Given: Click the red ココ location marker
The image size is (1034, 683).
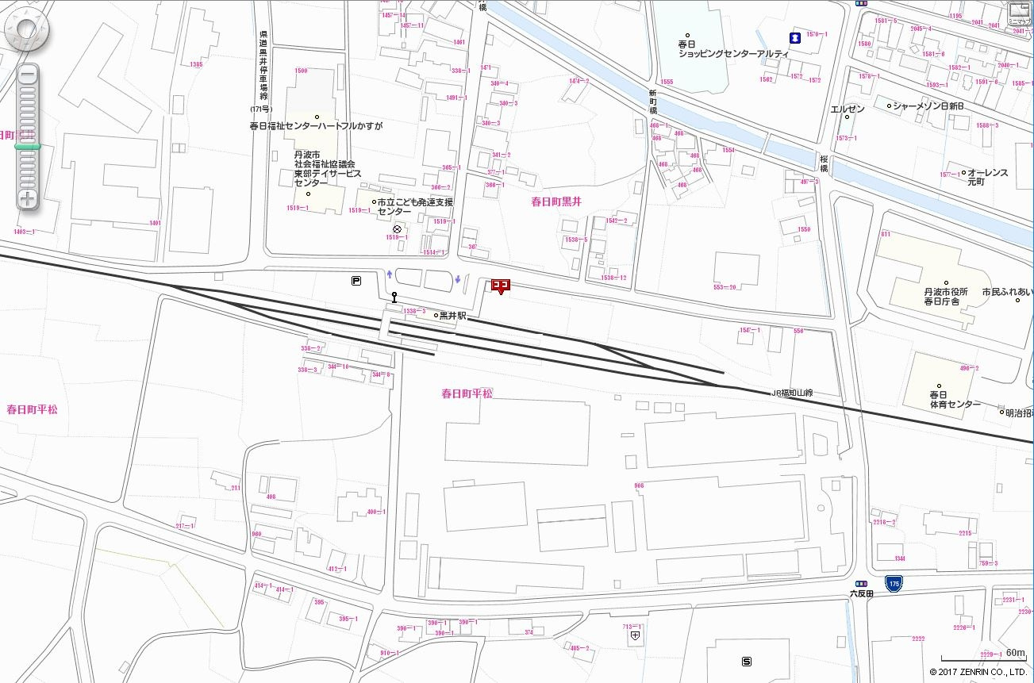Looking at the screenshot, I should click(500, 286).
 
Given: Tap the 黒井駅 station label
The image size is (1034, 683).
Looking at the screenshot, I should click(452, 316).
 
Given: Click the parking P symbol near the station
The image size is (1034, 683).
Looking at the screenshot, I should click(356, 279).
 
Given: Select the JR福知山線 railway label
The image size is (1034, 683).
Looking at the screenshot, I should click(792, 393).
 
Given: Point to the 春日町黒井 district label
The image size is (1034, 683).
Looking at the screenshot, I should click(556, 202).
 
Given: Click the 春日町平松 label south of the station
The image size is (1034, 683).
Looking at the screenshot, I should click(467, 393).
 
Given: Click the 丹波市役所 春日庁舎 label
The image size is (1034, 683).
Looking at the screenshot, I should click(941, 297).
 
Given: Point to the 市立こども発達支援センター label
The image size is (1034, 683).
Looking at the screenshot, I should click(405, 207).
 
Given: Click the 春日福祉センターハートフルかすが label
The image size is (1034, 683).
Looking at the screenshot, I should click(316, 126).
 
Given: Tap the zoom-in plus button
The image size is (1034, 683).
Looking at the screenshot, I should click(28, 198).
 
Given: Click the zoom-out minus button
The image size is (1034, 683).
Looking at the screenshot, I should click(28, 76).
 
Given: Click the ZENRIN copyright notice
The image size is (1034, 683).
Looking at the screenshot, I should click(978, 672).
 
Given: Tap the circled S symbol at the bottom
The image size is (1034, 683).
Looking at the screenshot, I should click(746, 662).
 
